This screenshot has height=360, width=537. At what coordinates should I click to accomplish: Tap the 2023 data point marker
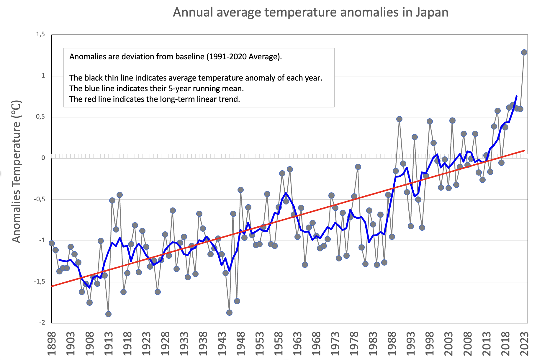pos(524,53)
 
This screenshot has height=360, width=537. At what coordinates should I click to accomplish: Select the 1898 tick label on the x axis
pos(52,344)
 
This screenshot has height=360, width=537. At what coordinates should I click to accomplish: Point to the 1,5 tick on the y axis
pos(40,35)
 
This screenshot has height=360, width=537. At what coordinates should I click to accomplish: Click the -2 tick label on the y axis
pos(42,323)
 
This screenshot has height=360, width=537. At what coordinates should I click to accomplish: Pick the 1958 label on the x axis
pos(279,344)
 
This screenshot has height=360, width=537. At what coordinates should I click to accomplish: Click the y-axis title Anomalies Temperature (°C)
pos(17,171)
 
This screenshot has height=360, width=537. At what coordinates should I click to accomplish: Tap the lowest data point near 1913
pos(108,314)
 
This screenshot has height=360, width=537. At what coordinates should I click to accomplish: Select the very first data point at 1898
pos(52,243)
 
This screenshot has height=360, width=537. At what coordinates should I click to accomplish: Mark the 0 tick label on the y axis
pos(43,158)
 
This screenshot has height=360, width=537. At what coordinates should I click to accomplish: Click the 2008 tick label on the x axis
pos(468,344)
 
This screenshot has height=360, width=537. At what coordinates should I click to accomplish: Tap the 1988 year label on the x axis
pos(392,344)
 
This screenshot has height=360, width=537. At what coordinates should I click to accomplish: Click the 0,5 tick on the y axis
pos(40,117)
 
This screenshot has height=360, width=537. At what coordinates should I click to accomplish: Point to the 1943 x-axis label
pos(222,344)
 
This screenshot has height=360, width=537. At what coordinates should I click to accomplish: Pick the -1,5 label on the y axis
pos(40,282)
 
